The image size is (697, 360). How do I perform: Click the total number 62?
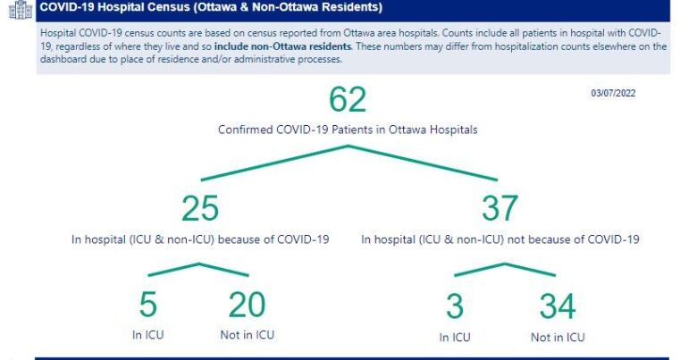click(348, 99)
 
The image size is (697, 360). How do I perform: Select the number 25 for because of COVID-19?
click(200, 208)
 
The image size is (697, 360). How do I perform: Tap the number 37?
click(500, 208)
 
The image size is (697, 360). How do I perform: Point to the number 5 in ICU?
click(148, 305)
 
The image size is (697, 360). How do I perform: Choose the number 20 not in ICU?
click(248, 305)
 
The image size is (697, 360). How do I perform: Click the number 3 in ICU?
click(455, 306)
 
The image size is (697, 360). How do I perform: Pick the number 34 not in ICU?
click(558, 306)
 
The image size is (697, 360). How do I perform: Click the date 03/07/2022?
click(613, 93)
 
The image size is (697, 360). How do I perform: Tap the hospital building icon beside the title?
click(21, 10)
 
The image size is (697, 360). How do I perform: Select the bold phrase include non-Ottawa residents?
click(282, 46)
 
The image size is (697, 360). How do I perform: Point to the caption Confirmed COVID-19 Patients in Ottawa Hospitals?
click(348, 130)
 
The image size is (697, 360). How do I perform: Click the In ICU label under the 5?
click(148, 335)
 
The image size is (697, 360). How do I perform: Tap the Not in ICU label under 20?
click(248, 335)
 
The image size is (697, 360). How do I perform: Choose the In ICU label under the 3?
click(455, 338)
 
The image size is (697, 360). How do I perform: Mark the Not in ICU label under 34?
click(558, 338)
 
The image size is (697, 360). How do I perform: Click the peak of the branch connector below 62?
click(348, 146)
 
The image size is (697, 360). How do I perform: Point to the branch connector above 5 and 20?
click(198, 264)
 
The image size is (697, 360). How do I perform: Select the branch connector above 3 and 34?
click(505, 264)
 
